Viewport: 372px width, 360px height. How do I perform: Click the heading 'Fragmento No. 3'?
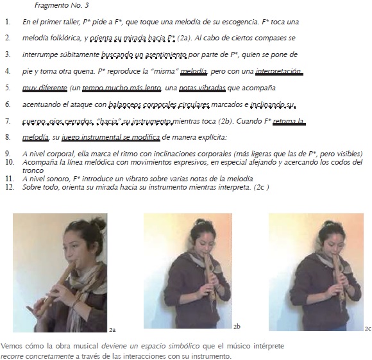point(62,5)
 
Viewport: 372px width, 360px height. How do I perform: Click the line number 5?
point(8,88)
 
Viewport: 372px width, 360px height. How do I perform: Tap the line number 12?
point(10,187)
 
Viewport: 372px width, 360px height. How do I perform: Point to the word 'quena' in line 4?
point(84,72)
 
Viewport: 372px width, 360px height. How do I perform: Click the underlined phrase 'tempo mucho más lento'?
point(122,88)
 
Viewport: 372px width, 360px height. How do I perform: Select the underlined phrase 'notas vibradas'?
point(202,88)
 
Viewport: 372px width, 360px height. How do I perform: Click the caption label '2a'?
point(112,330)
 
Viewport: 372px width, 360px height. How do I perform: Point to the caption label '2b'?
point(237,327)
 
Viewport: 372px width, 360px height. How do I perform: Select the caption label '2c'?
point(368,329)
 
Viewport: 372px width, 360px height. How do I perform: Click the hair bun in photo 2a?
point(98,223)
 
